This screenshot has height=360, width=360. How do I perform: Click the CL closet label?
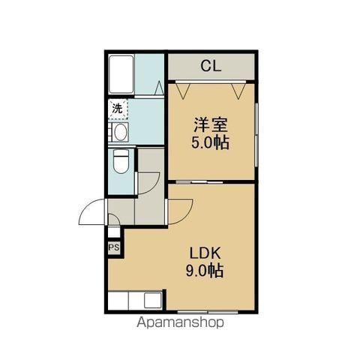[211, 66]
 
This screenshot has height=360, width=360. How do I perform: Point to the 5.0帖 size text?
[211, 142]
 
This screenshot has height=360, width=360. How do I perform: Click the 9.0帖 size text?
[202, 271]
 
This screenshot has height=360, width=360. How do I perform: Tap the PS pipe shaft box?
[114, 247]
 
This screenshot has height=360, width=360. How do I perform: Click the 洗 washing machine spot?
[118, 109]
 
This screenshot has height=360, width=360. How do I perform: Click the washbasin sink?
[120, 133]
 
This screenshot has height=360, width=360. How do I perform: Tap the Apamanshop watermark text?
[179, 324]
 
